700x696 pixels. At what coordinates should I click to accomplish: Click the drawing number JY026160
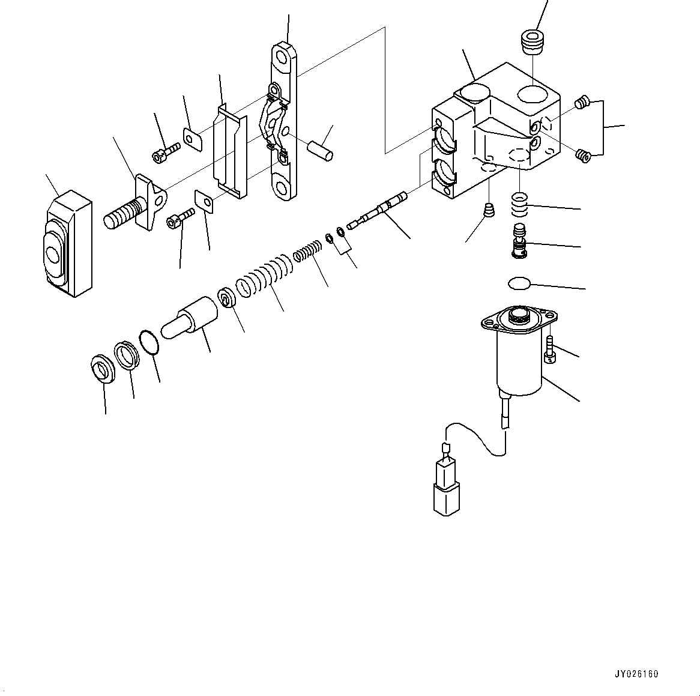click(x=636, y=674)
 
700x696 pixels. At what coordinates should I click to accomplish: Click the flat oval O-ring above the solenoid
click(x=519, y=282)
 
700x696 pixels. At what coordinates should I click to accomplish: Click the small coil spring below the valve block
click(x=519, y=204)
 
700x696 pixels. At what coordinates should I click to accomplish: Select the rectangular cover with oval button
click(x=67, y=243)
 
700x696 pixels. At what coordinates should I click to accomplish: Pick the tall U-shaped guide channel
click(x=230, y=150)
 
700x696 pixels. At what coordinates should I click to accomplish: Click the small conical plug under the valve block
click(x=489, y=210)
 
